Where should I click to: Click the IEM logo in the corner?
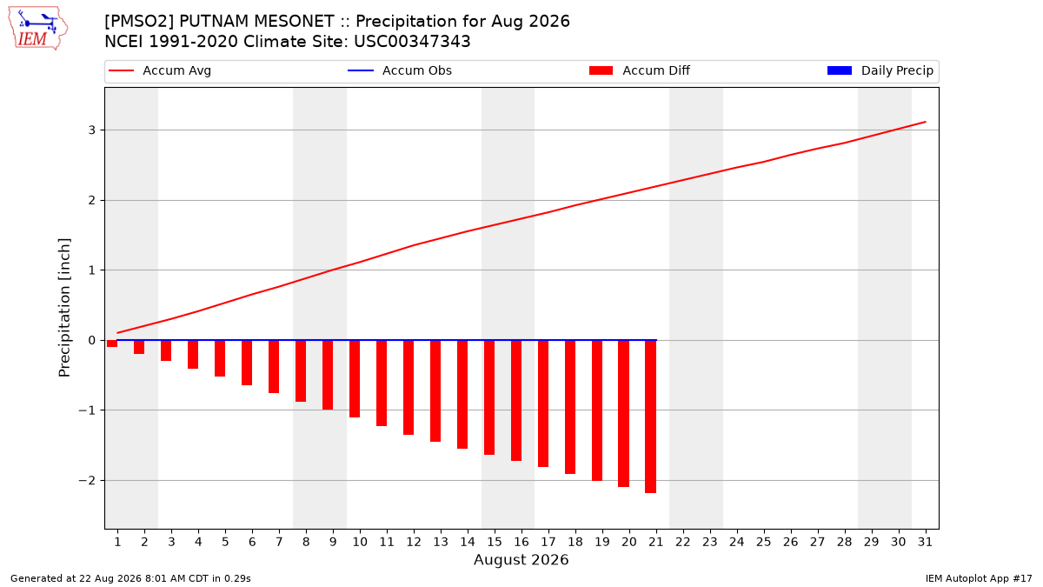38,29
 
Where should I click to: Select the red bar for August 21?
650,417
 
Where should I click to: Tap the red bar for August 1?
112,344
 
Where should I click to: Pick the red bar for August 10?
355,379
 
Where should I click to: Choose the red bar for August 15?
488,397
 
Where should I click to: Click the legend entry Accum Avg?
160,70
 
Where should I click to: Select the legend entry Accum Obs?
400,70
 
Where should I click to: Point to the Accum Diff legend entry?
640,70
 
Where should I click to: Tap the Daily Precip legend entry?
880,70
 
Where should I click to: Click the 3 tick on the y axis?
92,130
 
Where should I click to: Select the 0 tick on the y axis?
92,341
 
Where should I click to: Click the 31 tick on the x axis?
925,542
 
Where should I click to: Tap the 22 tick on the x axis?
682,542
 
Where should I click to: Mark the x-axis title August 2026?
521,559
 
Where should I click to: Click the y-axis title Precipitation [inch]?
64,308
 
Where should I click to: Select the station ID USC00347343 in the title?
412,42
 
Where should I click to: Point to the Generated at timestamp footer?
130,578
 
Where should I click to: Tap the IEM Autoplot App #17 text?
979,578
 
